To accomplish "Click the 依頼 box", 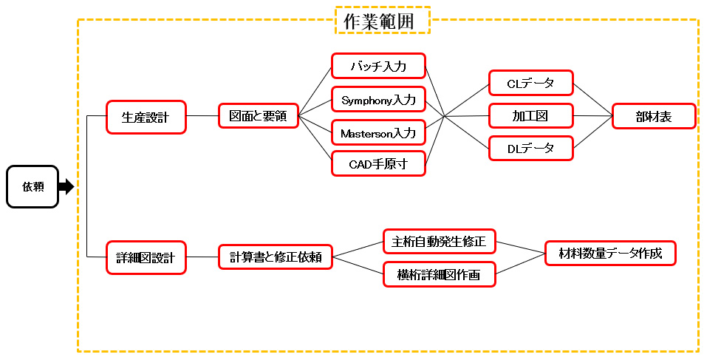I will click(x=33, y=186).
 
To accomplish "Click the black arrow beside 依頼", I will click(x=66, y=186).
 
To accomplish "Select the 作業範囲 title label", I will click(x=383, y=21).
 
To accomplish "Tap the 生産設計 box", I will click(x=146, y=117).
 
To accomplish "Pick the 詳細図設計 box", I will click(x=146, y=258).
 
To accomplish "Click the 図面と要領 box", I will click(x=258, y=116).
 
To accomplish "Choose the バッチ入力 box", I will click(x=378, y=66).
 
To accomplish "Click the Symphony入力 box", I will click(x=378, y=99).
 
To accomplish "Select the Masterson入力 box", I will click(x=378, y=132).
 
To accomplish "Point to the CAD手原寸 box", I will click(x=378, y=163).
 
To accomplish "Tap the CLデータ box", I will click(x=531, y=83).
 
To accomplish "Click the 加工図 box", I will click(x=531, y=115).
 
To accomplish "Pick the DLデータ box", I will click(x=531, y=148).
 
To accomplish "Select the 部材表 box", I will click(x=654, y=116).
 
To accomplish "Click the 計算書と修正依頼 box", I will click(x=275, y=257).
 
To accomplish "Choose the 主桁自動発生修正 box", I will click(x=439, y=241).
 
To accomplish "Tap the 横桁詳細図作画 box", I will click(x=439, y=274).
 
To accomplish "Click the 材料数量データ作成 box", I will click(x=610, y=254).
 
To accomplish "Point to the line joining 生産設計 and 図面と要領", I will click(x=202, y=116).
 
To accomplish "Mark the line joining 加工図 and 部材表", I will click(x=592, y=115).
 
